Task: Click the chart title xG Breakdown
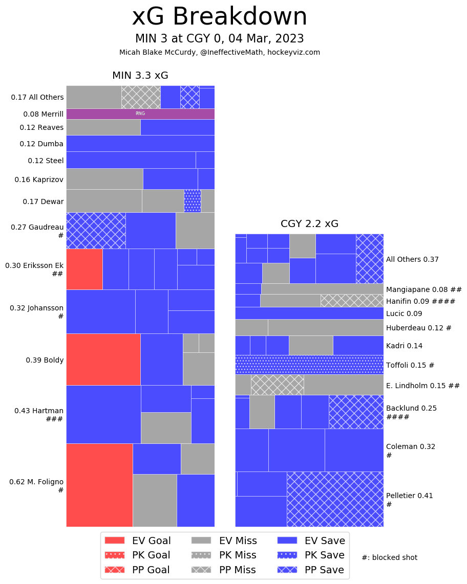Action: pyautogui.click(x=220, y=17)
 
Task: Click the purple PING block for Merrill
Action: pyautogui.click(x=140, y=114)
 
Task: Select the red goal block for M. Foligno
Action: pyautogui.click(x=99, y=485)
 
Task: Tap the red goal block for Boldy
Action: pyautogui.click(x=103, y=359)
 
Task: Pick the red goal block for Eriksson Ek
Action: pyautogui.click(x=84, y=269)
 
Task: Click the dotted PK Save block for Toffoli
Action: pyautogui.click(x=309, y=365)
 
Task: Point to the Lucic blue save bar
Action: pyautogui.click(x=309, y=313)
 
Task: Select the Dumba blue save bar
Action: pyautogui.click(x=140, y=143)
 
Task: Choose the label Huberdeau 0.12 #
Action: pyautogui.click(x=418, y=328)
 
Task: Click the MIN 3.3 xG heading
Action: pyautogui.click(x=140, y=76)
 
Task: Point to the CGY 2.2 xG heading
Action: pyautogui.click(x=309, y=223)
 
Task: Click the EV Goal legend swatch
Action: pyautogui.click(x=114, y=541)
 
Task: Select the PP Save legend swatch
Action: pyautogui.click(x=287, y=570)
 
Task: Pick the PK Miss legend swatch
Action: pyautogui.click(x=201, y=555)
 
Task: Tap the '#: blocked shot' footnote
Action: pyautogui.click(x=389, y=557)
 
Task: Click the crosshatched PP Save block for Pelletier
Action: pyautogui.click(x=335, y=499)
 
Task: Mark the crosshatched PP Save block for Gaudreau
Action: pyautogui.click(x=96, y=230)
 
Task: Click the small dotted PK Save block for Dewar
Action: pyautogui.click(x=192, y=200)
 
